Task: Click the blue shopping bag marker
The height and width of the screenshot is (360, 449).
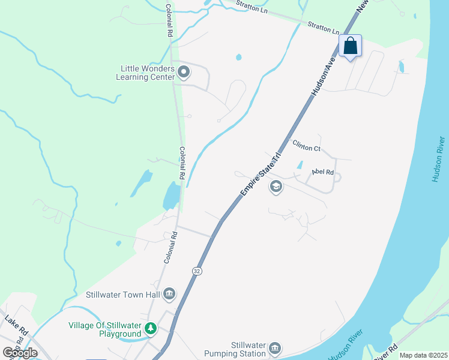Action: click(351, 46)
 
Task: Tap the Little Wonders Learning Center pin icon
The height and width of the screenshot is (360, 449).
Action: click(184, 73)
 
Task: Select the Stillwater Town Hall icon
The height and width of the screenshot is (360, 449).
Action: click(169, 293)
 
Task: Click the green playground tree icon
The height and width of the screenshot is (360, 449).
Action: click(150, 329)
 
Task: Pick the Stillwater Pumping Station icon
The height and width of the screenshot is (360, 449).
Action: click(275, 348)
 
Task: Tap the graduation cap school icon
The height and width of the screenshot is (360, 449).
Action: click(276, 187)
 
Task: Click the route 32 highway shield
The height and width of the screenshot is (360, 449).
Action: click(197, 272)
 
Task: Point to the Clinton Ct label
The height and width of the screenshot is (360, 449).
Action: click(306, 145)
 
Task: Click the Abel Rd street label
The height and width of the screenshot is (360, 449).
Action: click(322, 172)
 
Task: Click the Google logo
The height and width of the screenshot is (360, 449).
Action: click(20, 352)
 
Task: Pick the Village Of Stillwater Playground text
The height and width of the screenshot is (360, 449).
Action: click(105, 329)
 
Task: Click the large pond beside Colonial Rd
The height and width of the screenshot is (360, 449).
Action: click(171, 195)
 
